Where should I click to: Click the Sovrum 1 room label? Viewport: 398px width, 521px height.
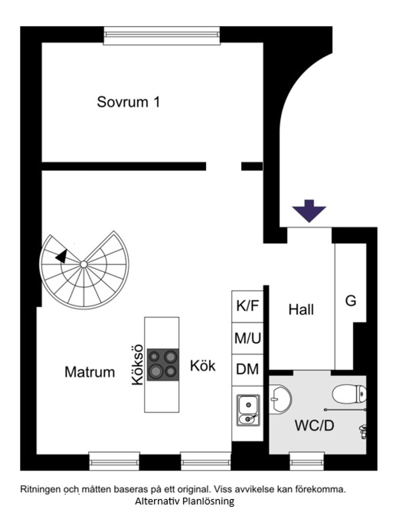[x=129, y=102]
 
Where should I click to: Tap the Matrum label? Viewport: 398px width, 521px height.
[x=90, y=372]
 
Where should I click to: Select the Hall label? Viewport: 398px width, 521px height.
[x=301, y=310]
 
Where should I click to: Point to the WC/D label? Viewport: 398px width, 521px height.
[x=314, y=425]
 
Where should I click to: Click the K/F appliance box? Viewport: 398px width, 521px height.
[x=248, y=306]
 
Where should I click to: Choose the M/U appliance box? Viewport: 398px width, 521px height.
[x=248, y=338]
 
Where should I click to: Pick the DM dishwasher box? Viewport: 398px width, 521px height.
[x=248, y=370]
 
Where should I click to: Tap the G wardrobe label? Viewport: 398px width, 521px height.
[x=351, y=300]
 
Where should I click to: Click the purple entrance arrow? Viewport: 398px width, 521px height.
[x=309, y=211]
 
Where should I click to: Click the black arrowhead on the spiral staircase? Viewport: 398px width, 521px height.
[x=62, y=256]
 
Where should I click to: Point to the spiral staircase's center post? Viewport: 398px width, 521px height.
[x=84, y=264]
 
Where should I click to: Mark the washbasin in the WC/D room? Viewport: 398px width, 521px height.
[x=280, y=400]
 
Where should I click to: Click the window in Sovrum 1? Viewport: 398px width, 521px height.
[x=162, y=35]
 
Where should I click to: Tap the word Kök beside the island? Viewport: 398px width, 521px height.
[x=203, y=366]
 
